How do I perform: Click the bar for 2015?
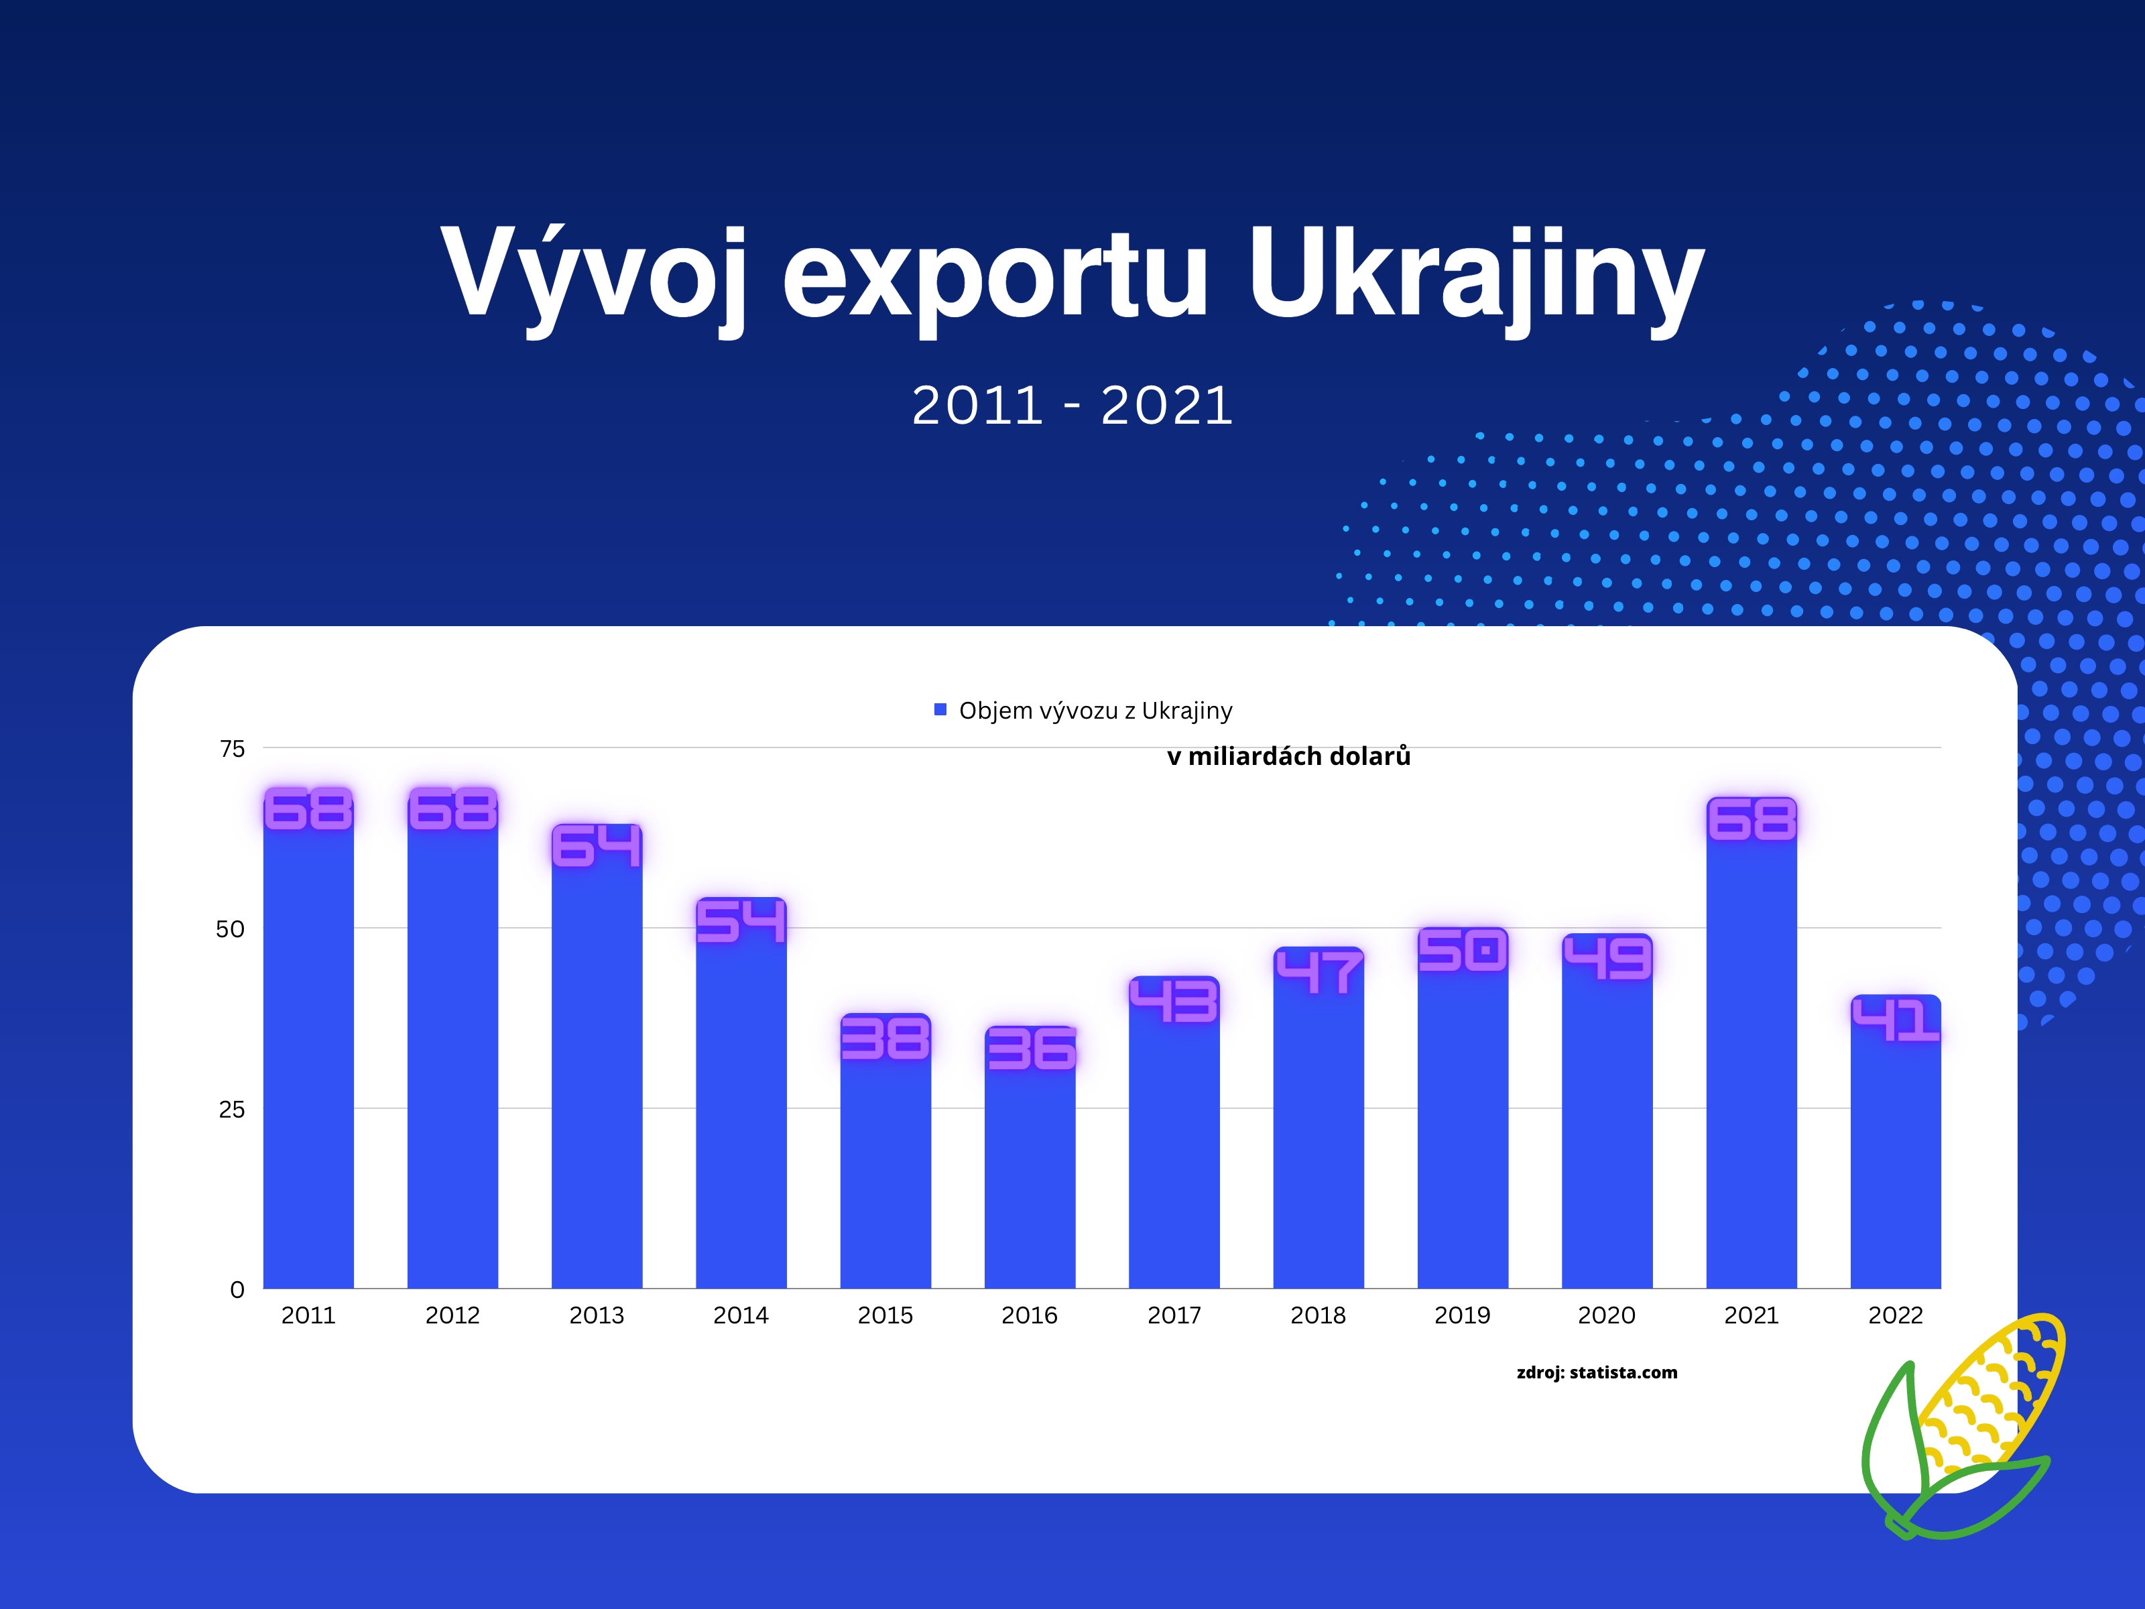click(x=885, y=1151)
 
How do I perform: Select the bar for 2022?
click(x=1896, y=1142)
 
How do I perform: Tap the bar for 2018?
click(x=1319, y=1118)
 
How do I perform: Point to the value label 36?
click(x=1031, y=1049)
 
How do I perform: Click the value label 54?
click(x=741, y=920)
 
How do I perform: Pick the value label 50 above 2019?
click(x=1463, y=951)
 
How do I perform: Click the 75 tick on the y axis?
click(x=233, y=749)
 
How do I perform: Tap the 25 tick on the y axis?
click(x=232, y=1110)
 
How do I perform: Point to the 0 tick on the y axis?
click(x=237, y=1290)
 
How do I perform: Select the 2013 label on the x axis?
click(x=597, y=1315)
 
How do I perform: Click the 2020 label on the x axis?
click(x=1607, y=1315)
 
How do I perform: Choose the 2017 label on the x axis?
click(x=1174, y=1315)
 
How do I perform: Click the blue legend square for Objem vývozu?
click(x=940, y=710)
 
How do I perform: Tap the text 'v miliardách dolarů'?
click(x=1289, y=756)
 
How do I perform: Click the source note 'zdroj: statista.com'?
click(x=1597, y=1372)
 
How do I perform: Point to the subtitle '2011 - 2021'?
click(x=1072, y=406)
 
